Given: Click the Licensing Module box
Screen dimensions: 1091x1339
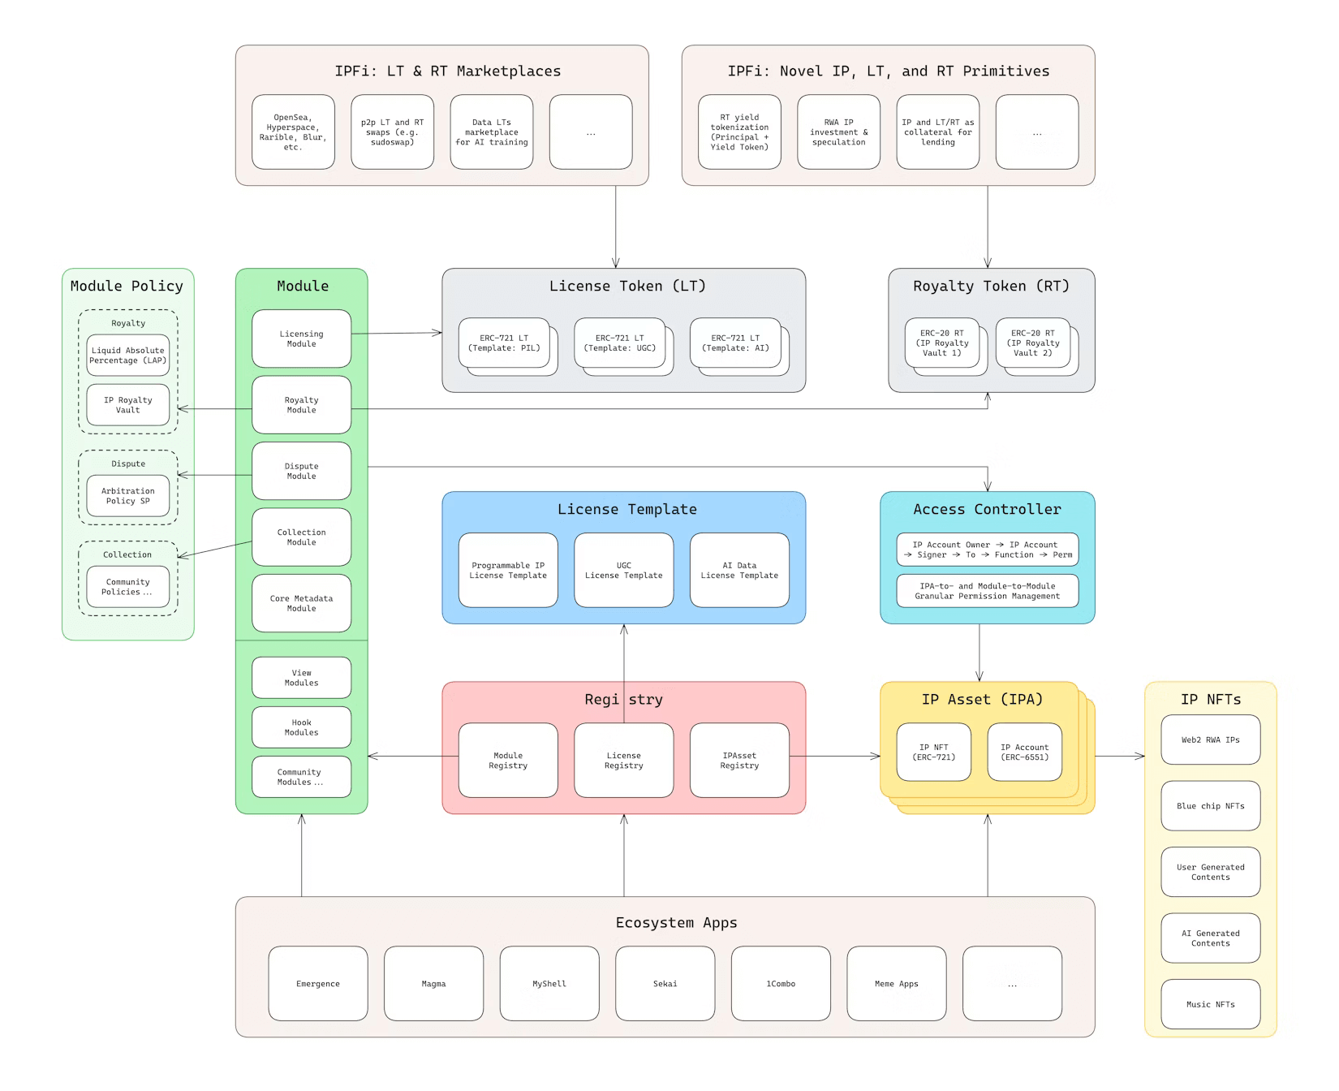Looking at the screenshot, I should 301,339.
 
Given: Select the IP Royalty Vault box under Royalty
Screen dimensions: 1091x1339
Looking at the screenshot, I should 127,405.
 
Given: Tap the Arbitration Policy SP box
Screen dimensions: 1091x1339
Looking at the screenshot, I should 127,496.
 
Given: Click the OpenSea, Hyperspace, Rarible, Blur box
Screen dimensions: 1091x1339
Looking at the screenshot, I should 293,132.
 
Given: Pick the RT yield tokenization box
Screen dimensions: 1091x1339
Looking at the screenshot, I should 739,132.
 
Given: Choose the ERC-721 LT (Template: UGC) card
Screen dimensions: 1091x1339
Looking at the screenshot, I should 619,343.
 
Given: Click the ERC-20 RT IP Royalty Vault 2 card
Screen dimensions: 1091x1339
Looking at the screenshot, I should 1032,343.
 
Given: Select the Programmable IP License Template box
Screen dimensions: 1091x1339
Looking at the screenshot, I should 508,570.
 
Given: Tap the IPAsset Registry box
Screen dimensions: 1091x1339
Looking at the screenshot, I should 739,761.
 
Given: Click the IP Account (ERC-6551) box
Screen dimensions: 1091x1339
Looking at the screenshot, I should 1024,752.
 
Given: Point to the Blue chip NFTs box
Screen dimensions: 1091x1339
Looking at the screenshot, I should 1210,806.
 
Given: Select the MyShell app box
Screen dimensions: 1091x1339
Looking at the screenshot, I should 549,983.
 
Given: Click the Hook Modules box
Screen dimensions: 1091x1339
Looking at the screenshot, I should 301,727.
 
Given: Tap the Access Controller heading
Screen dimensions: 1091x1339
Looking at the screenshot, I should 987,509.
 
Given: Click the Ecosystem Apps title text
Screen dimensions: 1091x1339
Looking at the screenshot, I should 676,922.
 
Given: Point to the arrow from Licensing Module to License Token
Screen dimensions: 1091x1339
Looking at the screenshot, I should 398,333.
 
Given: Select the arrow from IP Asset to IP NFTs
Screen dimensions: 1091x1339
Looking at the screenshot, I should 1120,756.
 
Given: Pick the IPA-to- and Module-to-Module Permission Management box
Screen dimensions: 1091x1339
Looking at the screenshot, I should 987,591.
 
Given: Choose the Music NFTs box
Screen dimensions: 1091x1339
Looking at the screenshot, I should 1210,1004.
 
